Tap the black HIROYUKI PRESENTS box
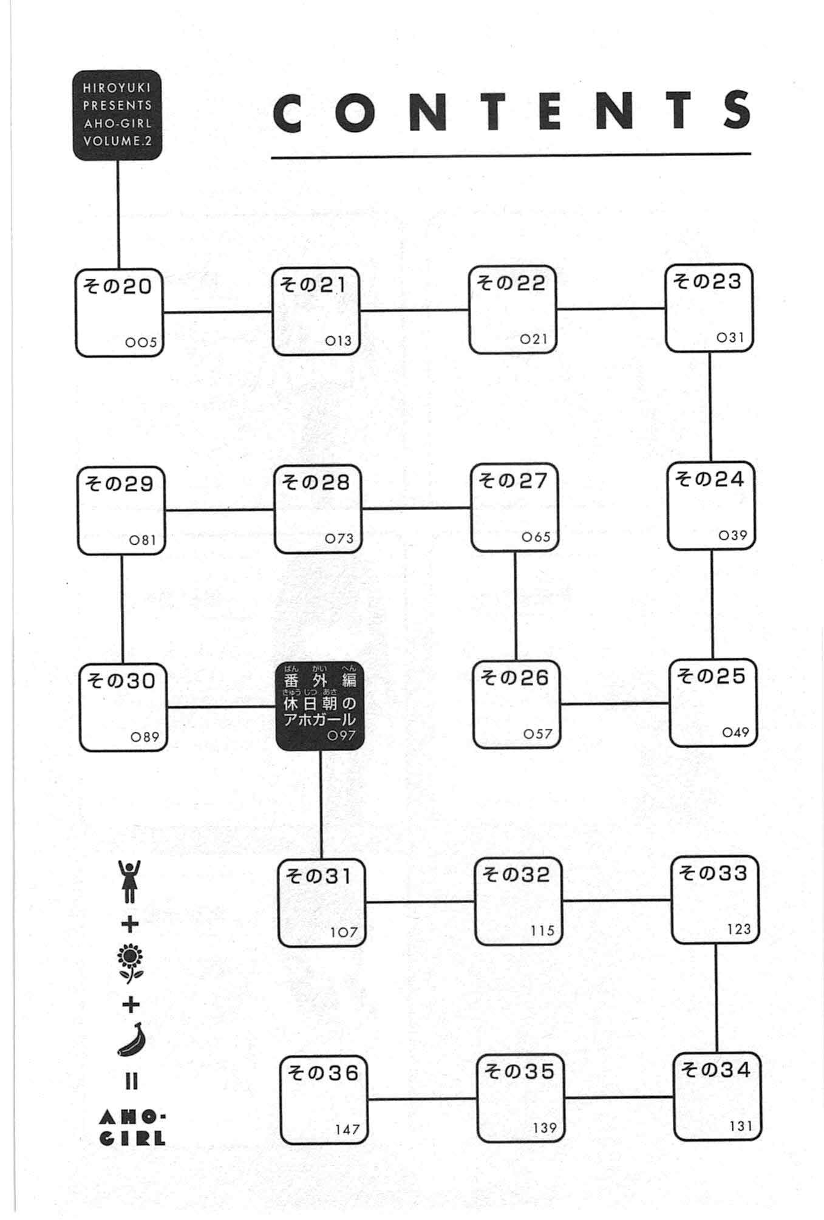pos(117,115)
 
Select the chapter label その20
pos(118,285)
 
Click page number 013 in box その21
pos(338,341)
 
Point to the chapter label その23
pos(707,281)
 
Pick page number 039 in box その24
pos(732,535)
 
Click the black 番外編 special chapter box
pos(319,706)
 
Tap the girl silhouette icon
pos(129,881)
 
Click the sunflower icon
pos(131,966)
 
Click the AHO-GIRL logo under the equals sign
pos(132,1128)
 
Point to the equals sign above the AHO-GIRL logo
pos(131,1081)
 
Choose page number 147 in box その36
pos(347,1130)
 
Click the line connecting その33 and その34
pos(716,998)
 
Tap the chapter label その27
pos(513,480)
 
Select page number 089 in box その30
pos(145,737)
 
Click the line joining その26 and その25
pos(615,704)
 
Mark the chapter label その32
pos(516,874)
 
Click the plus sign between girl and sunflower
pos(130,925)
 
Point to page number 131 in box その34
pos(741,1126)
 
